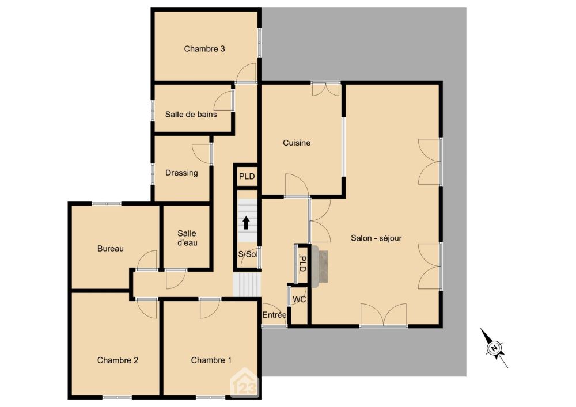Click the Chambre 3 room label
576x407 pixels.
pos(204,49)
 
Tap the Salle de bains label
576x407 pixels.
pos(191,115)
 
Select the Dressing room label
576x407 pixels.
pos(181,173)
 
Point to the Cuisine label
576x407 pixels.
pos(297,143)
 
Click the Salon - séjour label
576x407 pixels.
pos(376,238)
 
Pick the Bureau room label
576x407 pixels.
pos(111,249)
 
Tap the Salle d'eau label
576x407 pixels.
pos(187,238)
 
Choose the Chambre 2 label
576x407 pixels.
pos(118,360)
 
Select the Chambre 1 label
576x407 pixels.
pos(211,360)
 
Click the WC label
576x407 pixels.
pos(300,299)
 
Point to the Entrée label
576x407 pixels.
pos(274,315)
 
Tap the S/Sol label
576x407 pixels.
pos(248,254)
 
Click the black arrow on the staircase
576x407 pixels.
pos(246,223)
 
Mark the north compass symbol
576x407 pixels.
pos(494,348)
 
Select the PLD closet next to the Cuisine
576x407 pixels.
pos(247,176)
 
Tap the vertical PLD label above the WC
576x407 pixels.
pos(302,264)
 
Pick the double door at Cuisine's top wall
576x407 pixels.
pos(325,89)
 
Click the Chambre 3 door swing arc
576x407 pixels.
pos(247,73)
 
